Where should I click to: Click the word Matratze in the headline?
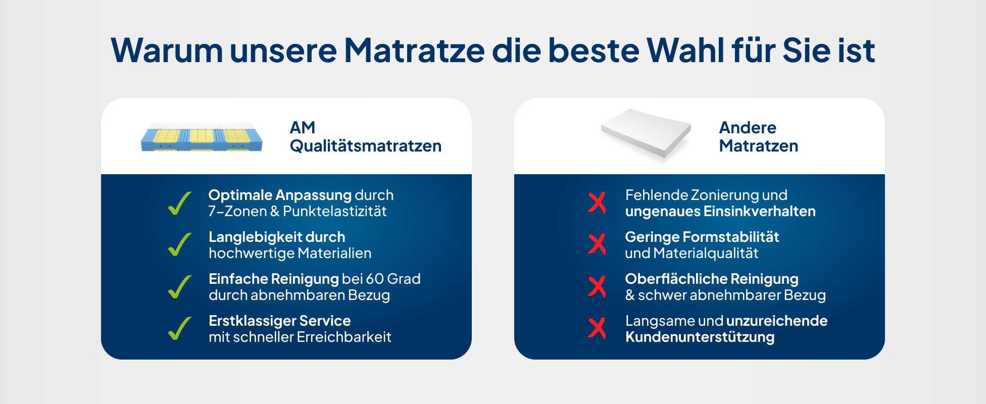point(414,50)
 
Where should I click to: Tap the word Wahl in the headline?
point(685,50)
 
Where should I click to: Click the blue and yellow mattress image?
point(202,136)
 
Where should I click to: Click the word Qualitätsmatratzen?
point(366,146)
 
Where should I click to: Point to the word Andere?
point(748,127)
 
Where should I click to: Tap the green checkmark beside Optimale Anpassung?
point(180,203)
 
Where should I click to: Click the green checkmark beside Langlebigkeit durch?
point(180,244)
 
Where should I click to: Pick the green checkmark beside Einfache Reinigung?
point(180,287)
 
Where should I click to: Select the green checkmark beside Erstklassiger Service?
point(180,328)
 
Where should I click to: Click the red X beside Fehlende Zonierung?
point(597,203)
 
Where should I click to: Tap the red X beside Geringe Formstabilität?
point(597,244)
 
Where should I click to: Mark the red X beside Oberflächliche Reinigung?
point(597,286)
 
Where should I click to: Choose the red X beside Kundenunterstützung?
point(597,328)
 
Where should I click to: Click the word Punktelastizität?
point(334,211)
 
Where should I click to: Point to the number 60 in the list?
point(375,279)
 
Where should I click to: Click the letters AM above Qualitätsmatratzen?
point(303,127)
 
